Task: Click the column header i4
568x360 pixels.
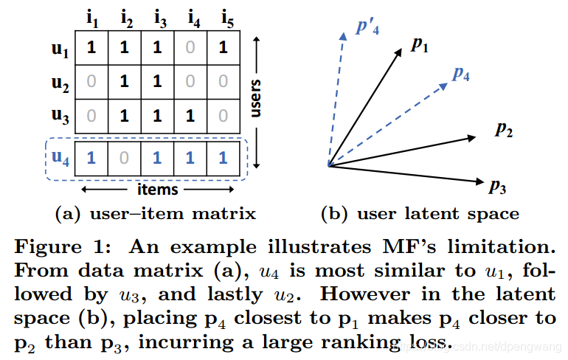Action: coord(194,19)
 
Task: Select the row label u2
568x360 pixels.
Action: coord(60,83)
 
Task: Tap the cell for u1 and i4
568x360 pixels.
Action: coord(190,48)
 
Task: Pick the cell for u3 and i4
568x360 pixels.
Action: coord(190,116)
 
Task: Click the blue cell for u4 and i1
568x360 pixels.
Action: coord(91,159)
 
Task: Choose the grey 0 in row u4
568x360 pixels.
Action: coord(124,159)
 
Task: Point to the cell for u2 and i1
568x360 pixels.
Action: coord(91,82)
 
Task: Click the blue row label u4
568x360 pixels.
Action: coord(60,158)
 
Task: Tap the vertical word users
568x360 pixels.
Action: coord(255,98)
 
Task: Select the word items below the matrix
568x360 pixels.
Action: coord(158,190)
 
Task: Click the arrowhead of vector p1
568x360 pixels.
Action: coord(398,52)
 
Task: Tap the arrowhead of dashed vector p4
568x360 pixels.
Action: coord(444,86)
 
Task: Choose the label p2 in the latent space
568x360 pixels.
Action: coord(504,129)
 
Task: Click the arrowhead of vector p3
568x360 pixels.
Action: coord(480,181)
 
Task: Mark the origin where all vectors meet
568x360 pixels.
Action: coord(329,166)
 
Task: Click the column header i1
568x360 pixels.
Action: coord(92,19)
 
